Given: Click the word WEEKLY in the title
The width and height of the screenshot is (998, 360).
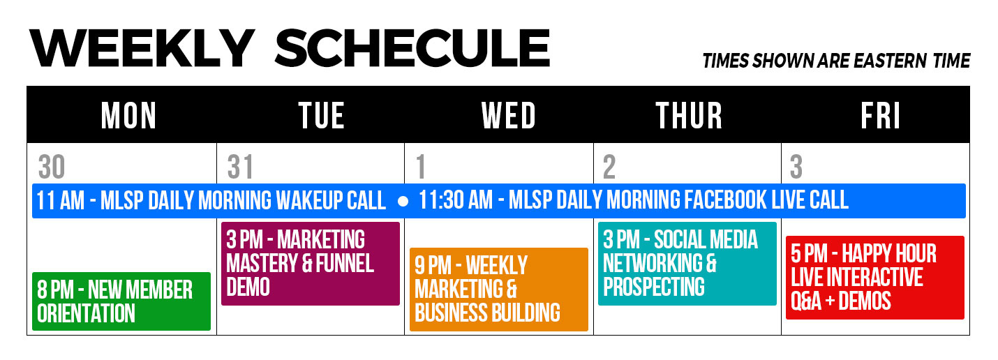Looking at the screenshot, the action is (142, 48).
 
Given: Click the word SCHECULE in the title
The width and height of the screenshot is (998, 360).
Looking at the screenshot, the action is (412, 48).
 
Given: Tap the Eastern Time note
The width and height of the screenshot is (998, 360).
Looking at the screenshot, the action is (836, 61).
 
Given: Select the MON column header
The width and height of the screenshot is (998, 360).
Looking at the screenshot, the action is (128, 115).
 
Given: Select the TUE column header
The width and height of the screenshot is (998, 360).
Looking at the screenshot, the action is (321, 115).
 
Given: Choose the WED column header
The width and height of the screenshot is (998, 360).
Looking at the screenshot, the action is (508, 115).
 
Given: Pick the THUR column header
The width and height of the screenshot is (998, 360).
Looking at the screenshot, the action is (689, 115).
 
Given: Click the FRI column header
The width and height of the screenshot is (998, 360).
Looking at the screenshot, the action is (880, 115).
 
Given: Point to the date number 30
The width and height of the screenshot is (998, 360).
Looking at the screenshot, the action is (52, 167).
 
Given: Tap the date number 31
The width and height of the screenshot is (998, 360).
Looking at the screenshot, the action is (240, 167).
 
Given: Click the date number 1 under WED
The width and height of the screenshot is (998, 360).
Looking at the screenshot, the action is (421, 167).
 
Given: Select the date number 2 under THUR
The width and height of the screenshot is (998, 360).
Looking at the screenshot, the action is (609, 167).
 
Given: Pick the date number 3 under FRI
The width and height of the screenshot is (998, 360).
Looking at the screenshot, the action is (796, 167).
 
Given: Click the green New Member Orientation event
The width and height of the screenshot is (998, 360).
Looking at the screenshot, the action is (121, 301).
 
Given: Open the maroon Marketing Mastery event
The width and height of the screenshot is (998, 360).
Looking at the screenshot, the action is (311, 264).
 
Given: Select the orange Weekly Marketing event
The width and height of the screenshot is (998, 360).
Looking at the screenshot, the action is (499, 290).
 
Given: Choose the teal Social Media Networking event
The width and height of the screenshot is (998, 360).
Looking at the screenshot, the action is (687, 264).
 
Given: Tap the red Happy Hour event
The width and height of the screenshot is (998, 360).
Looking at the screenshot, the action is (875, 278).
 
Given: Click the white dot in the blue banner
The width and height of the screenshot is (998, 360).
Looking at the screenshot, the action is (403, 202).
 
